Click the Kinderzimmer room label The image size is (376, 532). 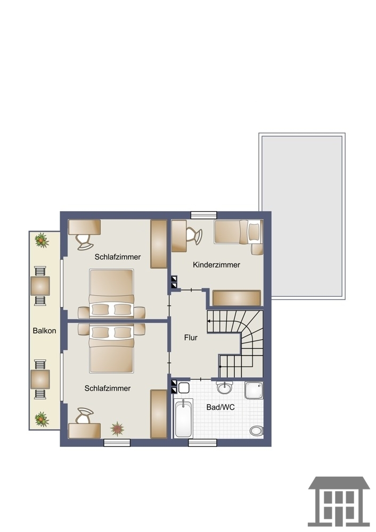coord(216,264)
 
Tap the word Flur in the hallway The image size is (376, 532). coord(191,338)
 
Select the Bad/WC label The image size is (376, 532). coord(220,407)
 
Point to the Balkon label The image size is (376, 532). coord(45,330)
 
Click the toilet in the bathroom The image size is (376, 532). coord(257,431)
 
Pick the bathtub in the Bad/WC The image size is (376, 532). coord(183,418)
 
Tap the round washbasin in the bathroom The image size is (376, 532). coord(225,387)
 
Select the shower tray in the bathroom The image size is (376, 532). coord(254,390)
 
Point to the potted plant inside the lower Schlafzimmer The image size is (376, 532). coord(117,429)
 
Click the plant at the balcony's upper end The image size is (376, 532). coord(42,240)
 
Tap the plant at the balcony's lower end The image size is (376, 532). coord(42,419)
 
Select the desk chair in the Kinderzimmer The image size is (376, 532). coord(194,236)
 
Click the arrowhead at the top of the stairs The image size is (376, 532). coord(209,321)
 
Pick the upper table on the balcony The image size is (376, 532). coord(40,286)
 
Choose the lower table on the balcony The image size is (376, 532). coord(40,379)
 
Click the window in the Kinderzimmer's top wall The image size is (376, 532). coord(204,215)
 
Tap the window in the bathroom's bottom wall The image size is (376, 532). coord(203,443)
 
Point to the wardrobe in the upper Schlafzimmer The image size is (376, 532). coord(159,244)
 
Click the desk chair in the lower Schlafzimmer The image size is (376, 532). coord(84,415)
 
